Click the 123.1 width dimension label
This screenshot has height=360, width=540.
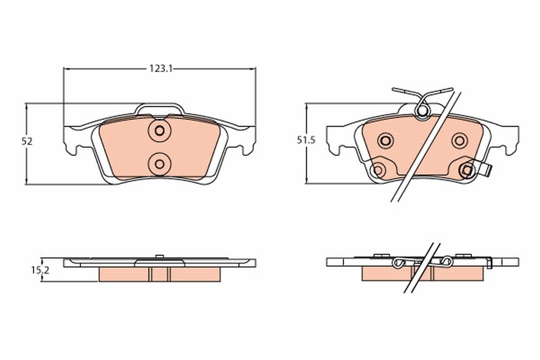point(161,68)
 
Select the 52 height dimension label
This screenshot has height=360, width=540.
point(27,141)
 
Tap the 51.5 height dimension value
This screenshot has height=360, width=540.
point(306,140)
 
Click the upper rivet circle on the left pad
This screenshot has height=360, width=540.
point(159,130)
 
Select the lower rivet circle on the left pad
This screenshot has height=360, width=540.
point(159,163)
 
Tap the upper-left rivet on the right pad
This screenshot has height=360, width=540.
point(385,140)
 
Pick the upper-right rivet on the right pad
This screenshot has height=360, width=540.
point(459,140)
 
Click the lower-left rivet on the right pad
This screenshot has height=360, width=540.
point(378,170)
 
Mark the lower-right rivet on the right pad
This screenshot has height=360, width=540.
point(467,170)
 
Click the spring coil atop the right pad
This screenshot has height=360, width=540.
point(422,110)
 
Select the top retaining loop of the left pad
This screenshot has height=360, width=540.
point(160,108)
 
